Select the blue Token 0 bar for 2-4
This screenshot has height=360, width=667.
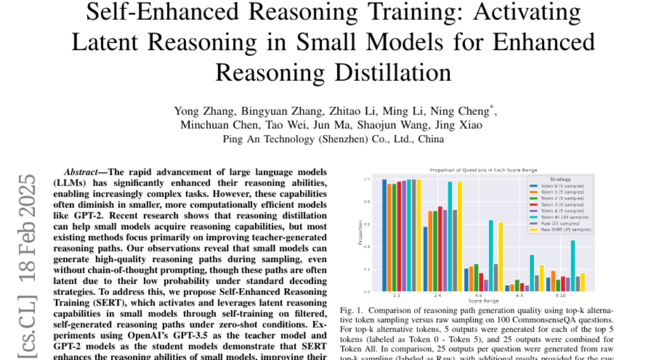[x=425, y=259]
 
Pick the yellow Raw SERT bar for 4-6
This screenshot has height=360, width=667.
[x=501, y=257]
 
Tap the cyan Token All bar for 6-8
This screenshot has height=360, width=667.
[x=532, y=273]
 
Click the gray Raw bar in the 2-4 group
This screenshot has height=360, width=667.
[x=455, y=251]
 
